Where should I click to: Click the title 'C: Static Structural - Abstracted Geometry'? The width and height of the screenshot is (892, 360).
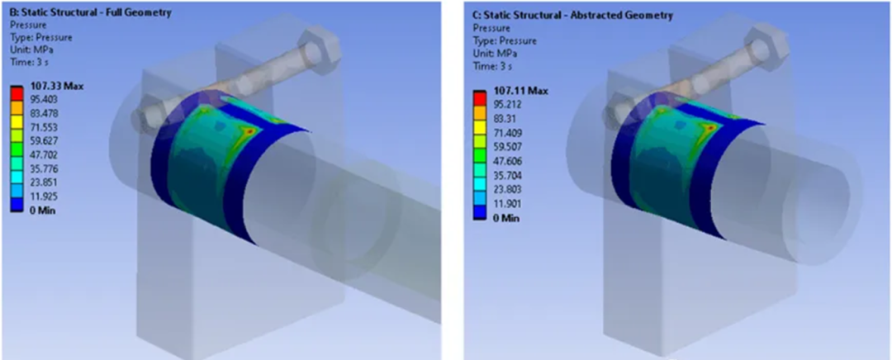(x=572, y=15)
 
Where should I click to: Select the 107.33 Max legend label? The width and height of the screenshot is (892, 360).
(x=56, y=86)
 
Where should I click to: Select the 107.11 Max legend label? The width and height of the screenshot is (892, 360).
(x=520, y=90)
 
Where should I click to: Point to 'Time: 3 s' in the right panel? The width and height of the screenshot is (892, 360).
(x=493, y=66)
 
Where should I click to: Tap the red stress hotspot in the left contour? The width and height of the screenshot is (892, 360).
(x=245, y=130)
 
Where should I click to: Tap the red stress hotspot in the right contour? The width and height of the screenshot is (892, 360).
(x=709, y=130)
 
